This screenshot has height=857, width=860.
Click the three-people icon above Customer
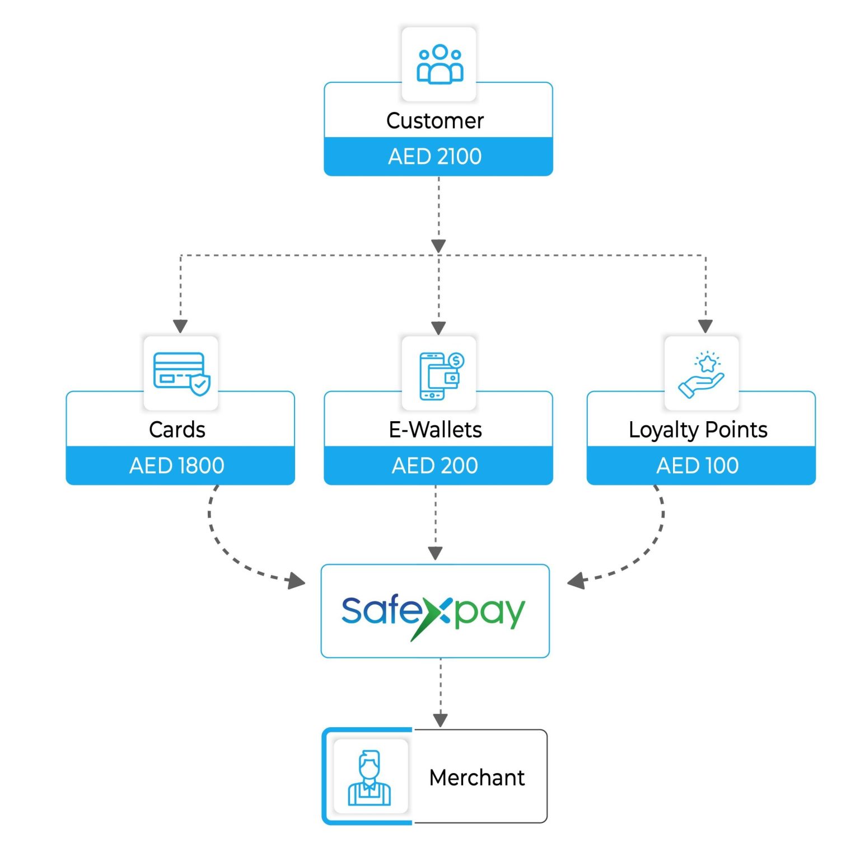click(x=440, y=64)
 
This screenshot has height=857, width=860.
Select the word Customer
click(x=435, y=121)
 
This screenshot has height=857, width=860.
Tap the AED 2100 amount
click(x=435, y=157)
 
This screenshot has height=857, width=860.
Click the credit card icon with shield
click(x=181, y=373)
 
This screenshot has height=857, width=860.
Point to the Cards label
click(x=177, y=430)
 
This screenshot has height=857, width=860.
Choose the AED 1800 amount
click(x=177, y=465)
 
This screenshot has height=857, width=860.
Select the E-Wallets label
click(x=435, y=430)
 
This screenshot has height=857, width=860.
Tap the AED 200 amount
click(x=435, y=465)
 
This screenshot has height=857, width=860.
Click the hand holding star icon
click(x=702, y=374)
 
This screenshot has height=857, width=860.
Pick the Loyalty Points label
click(x=698, y=430)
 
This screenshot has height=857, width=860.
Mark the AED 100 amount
click(x=698, y=465)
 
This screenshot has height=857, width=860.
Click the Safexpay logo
click(x=434, y=611)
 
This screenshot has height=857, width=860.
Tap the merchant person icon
click(x=370, y=778)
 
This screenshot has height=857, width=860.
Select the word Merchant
click(x=477, y=778)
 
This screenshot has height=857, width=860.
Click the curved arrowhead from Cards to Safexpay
click(x=296, y=581)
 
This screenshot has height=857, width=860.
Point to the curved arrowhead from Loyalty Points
click(x=577, y=581)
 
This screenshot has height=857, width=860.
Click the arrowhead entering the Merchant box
click(x=441, y=719)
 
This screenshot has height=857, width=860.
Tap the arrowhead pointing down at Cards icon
click(x=180, y=326)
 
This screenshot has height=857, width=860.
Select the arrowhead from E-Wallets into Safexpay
click(x=436, y=553)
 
